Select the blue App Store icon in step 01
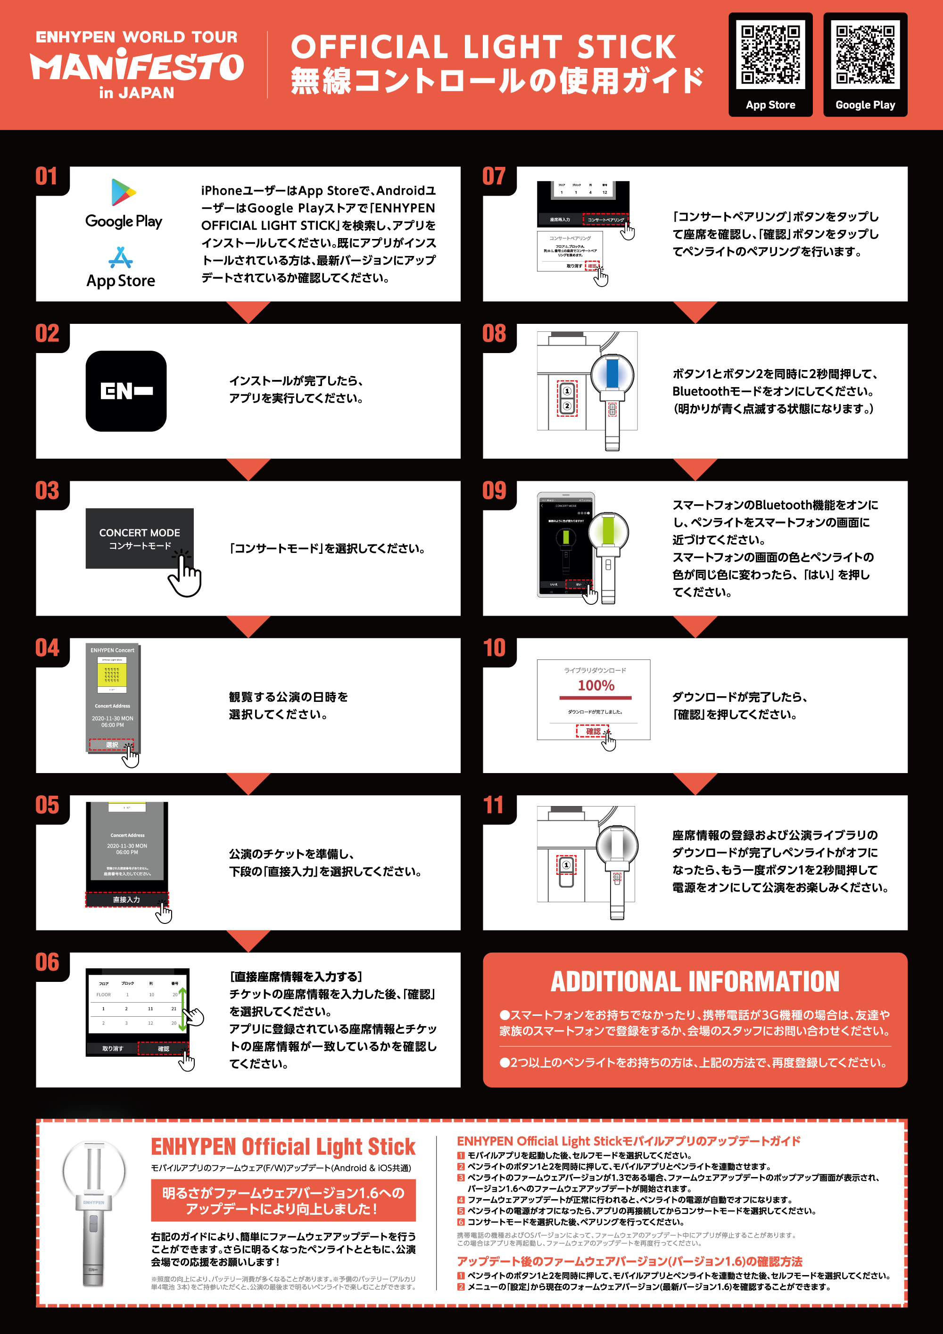(x=121, y=257)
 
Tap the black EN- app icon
(x=126, y=391)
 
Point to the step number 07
(x=494, y=177)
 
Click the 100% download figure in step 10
(x=596, y=685)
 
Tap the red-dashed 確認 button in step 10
(x=592, y=731)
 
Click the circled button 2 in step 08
(x=566, y=405)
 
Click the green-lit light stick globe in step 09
(x=608, y=530)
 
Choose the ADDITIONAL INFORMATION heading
(x=695, y=982)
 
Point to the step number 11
(x=494, y=805)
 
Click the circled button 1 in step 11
(x=566, y=865)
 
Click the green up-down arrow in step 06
(x=182, y=1010)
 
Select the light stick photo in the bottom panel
(x=93, y=1211)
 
